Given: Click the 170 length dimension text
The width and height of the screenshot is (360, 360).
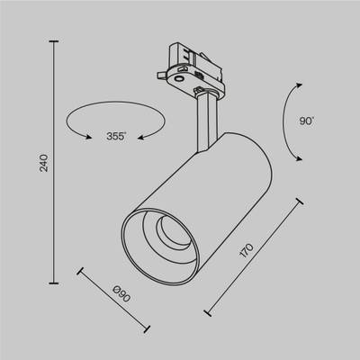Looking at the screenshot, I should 249,249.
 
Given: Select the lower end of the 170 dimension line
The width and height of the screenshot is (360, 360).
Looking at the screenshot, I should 208,314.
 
